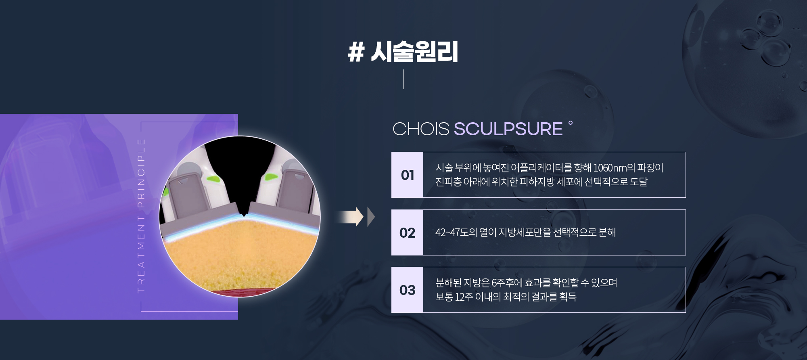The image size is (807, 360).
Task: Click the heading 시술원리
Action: tap(414, 52)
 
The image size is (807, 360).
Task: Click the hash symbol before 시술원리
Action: tap(356, 52)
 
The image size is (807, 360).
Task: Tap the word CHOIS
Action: tap(420, 129)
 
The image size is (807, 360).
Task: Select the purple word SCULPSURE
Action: tap(508, 129)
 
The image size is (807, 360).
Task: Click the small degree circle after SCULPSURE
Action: tap(570, 123)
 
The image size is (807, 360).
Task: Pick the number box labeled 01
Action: tap(407, 175)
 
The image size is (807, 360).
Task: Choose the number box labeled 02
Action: tap(407, 232)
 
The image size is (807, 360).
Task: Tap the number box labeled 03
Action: tap(407, 290)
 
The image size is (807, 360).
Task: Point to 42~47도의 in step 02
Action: tap(456, 232)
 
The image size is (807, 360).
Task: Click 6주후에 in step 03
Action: tap(507, 283)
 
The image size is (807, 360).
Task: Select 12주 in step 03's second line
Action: tap(464, 297)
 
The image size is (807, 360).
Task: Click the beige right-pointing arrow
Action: tap(349, 217)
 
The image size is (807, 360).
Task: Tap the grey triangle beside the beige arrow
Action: tap(370, 217)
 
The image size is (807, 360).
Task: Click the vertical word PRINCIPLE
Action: tap(141, 173)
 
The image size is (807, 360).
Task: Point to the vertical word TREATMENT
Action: tap(141, 254)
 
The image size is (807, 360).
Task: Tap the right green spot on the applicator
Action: tap(271, 176)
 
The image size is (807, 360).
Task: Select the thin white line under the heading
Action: tap(403, 79)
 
